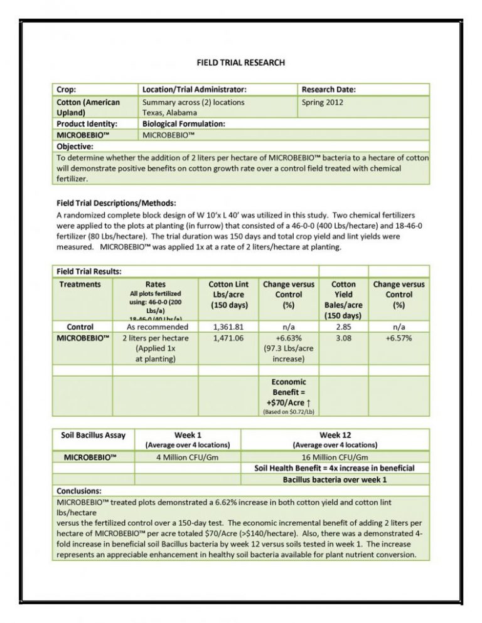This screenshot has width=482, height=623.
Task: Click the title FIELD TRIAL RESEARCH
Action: (241, 63)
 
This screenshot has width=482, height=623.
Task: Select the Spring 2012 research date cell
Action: (323, 102)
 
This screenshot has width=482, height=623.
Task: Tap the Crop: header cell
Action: (67, 90)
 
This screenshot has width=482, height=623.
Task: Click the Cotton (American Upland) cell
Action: (88, 107)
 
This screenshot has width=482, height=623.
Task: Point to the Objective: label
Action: (78, 147)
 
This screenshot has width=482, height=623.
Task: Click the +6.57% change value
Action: (399, 338)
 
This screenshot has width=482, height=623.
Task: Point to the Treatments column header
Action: (80, 284)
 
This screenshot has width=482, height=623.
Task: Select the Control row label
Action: (80, 327)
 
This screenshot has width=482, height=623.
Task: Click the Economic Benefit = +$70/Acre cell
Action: (289, 392)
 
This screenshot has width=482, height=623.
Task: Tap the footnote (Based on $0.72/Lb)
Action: (289, 412)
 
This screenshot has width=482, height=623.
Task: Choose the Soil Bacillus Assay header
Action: (94, 435)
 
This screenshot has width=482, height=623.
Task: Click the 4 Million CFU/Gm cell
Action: (187, 457)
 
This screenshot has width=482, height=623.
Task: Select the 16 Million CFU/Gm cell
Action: (335, 457)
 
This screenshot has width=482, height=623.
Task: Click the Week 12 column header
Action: (335, 435)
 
